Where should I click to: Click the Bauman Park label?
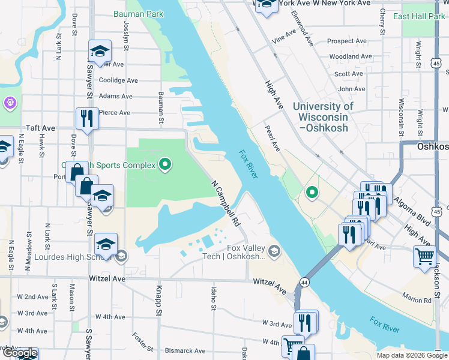138,13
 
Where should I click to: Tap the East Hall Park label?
419,16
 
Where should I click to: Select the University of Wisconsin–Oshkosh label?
324,116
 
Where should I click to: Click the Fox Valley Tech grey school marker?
275,250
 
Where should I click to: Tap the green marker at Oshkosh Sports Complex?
166,164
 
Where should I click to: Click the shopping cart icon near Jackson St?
424,256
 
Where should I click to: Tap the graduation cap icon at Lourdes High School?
106,244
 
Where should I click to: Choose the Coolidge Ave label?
118,80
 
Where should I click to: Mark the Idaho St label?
214,298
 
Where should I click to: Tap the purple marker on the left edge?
10,103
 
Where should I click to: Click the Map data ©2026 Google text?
411,355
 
